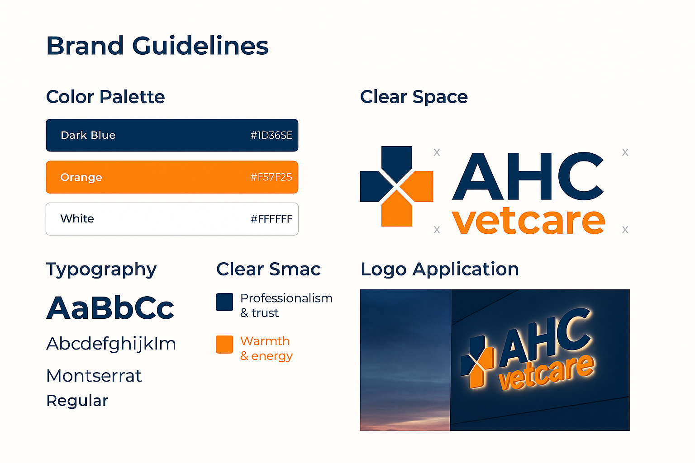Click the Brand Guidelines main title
coord(157,46)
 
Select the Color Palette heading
coord(105,97)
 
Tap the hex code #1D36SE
coord(271,135)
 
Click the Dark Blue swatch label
coord(88,135)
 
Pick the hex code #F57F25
coord(271,177)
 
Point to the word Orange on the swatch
coord(81,177)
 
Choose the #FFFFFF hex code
coord(271,219)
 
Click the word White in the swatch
coord(77,219)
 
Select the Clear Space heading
coord(414,97)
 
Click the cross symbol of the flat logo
coord(396,186)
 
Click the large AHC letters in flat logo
coord(528,176)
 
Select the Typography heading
coord(101,269)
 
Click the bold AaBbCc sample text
coord(110,308)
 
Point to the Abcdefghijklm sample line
coord(111,344)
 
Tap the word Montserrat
coord(94,376)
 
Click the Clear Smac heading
coord(268,269)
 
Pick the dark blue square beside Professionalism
coord(224,302)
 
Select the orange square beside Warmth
coord(224,344)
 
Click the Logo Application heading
coord(440,269)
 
